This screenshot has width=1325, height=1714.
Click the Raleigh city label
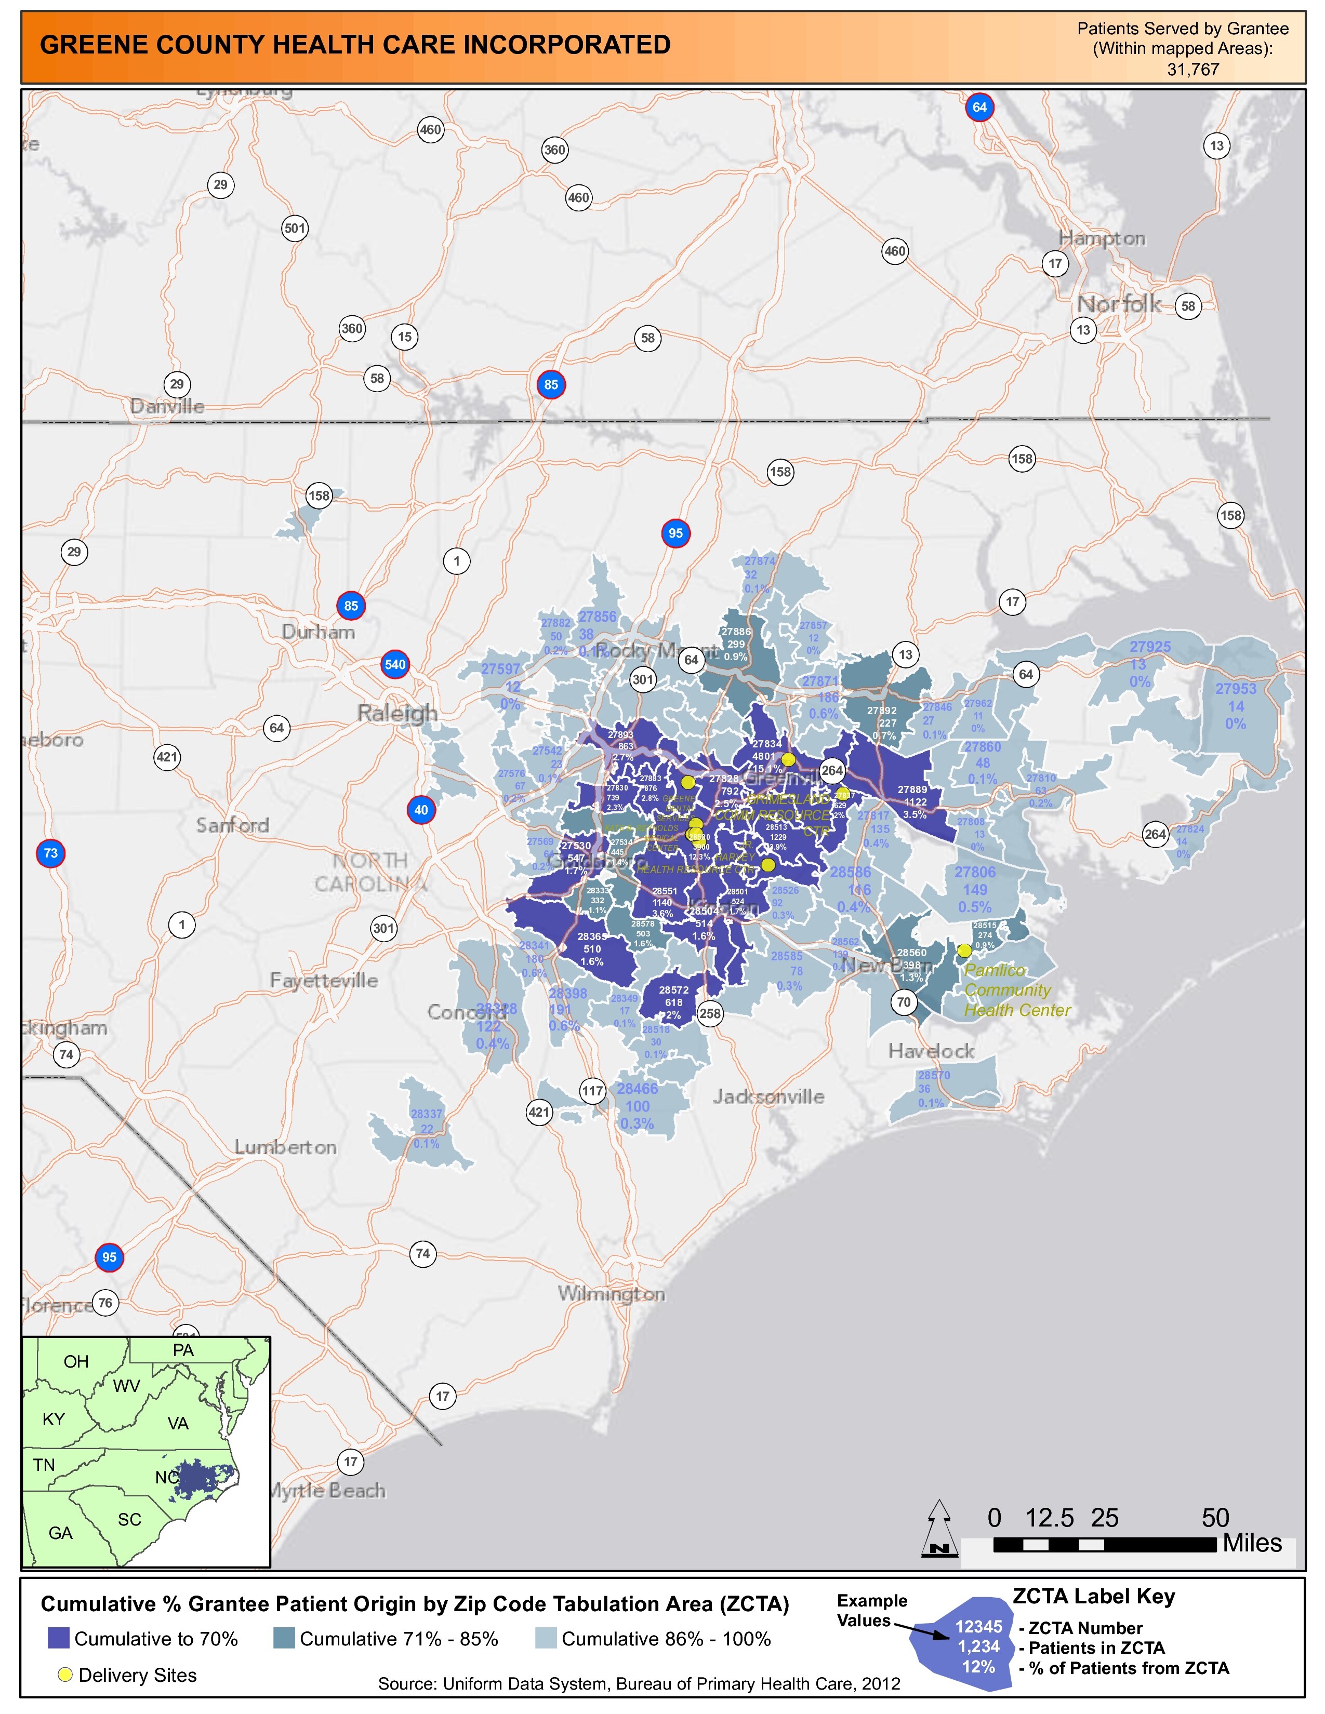click(397, 713)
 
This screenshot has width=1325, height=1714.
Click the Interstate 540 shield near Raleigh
click(395, 665)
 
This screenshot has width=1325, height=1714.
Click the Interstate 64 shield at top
click(979, 108)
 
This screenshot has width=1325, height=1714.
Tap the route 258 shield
click(710, 1013)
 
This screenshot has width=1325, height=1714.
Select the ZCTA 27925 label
click(1150, 647)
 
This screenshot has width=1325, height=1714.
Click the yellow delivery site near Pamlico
click(964, 950)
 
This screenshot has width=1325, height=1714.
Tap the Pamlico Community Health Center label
click(1016, 990)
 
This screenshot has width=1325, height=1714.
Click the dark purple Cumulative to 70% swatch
click(59, 1639)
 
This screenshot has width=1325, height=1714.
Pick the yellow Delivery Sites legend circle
click(65, 1676)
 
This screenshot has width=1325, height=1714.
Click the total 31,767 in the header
click(1192, 69)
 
